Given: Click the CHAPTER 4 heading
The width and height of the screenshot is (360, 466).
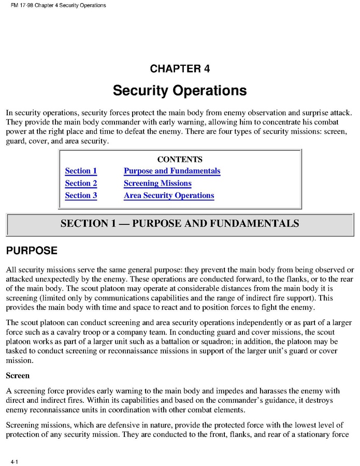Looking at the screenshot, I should pyautogui.click(x=180, y=69).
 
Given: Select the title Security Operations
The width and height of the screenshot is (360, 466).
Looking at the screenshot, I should pyautogui.click(x=180, y=91).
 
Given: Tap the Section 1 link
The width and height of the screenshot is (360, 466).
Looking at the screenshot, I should pyautogui.click(x=81, y=171).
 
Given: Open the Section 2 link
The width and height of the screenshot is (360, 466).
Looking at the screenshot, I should pyautogui.click(x=81, y=183).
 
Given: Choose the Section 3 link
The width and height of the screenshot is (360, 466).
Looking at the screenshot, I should pyautogui.click(x=81, y=196).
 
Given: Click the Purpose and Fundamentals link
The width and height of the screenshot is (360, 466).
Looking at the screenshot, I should pyautogui.click(x=172, y=171).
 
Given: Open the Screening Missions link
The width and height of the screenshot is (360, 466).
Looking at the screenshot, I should pyautogui.click(x=157, y=183).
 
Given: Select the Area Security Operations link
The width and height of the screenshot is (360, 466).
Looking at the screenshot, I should pyautogui.click(x=169, y=196).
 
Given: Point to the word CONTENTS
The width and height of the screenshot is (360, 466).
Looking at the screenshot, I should pyautogui.click(x=180, y=160).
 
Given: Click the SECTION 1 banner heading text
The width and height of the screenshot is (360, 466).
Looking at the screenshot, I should pyautogui.click(x=180, y=224).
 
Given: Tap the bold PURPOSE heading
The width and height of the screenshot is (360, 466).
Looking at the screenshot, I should pyautogui.click(x=32, y=251).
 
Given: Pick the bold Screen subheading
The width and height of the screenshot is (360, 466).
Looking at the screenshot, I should pyautogui.click(x=18, y=375).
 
